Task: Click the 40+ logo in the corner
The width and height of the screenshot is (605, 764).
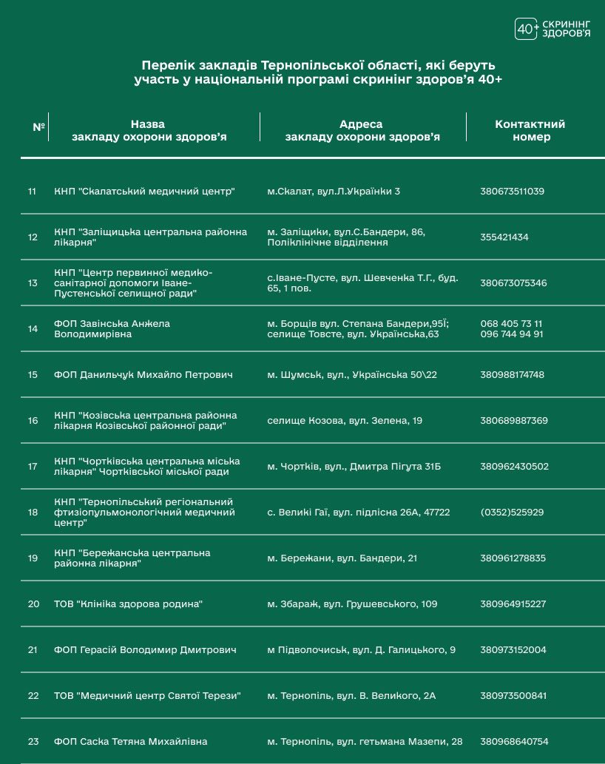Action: [527, 29]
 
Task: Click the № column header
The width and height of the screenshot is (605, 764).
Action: [39, 126]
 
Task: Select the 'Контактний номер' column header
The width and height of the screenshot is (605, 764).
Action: [530, 130]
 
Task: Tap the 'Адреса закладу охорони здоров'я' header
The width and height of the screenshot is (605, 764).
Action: [362, 130]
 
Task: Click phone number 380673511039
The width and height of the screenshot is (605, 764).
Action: [512, 192]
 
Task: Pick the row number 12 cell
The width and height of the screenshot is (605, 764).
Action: [33, 237]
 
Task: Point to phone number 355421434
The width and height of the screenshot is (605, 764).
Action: [504, 237]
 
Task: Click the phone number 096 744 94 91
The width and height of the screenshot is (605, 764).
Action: [512, 334]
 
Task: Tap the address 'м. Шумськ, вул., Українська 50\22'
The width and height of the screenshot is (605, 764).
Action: [352, 375]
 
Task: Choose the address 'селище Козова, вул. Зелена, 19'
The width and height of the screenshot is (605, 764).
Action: [345, 421]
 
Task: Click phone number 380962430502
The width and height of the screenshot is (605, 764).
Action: [514, 467]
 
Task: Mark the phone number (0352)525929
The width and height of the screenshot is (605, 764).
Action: [512, 512]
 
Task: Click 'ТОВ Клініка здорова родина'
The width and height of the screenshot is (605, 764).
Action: [128, 604]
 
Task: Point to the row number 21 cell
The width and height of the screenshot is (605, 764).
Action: [33, 650]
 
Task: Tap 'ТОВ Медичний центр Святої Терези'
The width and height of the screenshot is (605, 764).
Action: [147, 696]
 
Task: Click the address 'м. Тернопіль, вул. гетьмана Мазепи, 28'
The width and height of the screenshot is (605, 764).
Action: [365, 742]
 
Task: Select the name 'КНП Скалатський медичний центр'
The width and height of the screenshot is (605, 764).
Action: [144, 192]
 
